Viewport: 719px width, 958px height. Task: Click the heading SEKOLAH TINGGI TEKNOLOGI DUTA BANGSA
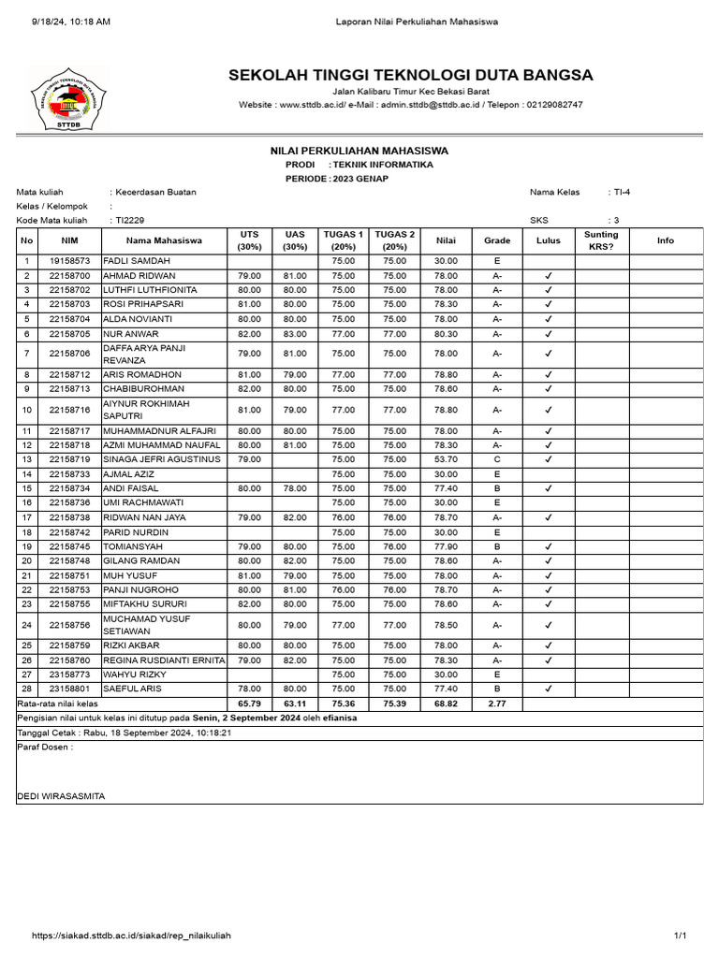point(410,75)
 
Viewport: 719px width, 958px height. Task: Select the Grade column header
point(497,240)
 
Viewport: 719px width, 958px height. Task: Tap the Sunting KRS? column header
point(601,240)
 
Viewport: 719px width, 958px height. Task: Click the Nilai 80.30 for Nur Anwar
point(446,334)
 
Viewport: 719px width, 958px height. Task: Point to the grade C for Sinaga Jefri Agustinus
point(497,459)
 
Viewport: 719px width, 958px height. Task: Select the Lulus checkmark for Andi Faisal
point(549,488)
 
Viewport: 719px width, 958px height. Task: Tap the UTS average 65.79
point(249,704)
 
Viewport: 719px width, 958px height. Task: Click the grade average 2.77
point(497,704)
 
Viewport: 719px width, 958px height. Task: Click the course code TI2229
point(130,221)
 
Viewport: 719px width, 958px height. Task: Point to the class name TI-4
point(621,192)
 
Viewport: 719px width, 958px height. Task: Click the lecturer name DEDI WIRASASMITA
point(62,796)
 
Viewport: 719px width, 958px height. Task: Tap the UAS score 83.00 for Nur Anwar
point(296,334)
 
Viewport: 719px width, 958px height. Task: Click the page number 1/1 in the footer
point(681,936)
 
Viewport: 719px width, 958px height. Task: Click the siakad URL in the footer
point(131,936)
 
